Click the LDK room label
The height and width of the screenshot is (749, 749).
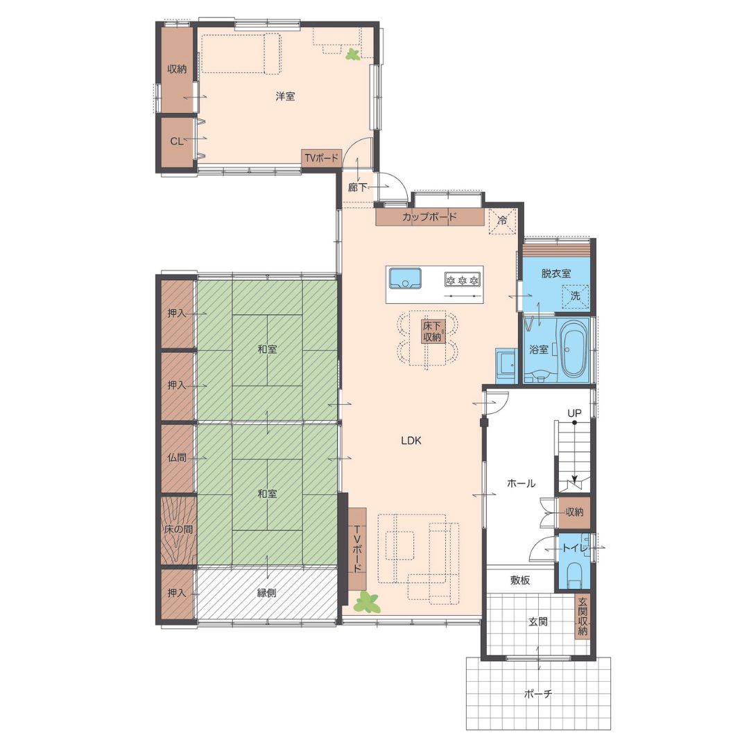pos(411,440)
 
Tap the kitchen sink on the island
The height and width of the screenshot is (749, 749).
pos(405,279)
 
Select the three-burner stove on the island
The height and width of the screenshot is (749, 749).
pos(462,279)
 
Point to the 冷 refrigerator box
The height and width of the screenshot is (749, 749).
pos(503,221)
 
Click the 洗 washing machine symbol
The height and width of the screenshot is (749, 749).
pos(576,296)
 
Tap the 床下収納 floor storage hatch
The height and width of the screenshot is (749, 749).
pos(432,331)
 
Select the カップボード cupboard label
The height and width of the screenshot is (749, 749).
pos(429,217)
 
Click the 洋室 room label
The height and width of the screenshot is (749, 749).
pos(285,96)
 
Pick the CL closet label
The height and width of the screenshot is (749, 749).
pos(176,141)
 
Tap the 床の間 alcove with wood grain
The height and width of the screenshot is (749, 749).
pos(178,530)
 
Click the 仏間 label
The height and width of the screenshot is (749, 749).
pos(176,458)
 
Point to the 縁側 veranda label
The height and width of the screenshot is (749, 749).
pos(266,593)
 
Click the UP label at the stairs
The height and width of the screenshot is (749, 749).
pos(574,413)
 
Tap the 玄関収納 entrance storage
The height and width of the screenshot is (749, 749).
pos(583,617)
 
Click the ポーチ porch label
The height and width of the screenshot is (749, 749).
pos(538,694)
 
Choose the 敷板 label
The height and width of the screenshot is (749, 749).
pos(519,580)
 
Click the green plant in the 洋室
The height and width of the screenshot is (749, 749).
pos(354,55)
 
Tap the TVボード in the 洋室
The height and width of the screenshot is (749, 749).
pos(322,158)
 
